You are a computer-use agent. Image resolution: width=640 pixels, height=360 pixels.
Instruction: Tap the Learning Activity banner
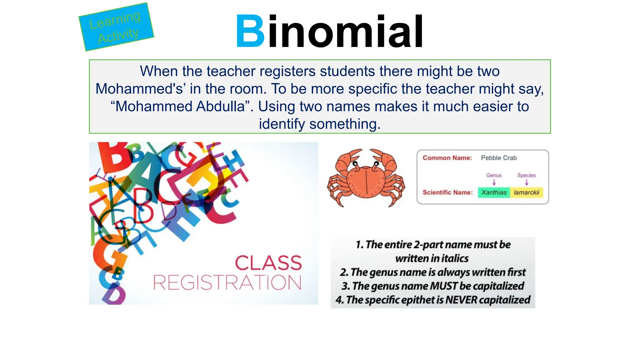[116, 27]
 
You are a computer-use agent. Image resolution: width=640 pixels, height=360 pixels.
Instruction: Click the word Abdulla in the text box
[220, 107]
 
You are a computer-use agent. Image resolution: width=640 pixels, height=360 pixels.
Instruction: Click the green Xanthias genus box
[494, 192]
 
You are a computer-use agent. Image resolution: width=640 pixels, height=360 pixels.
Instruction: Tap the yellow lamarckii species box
[527, 192]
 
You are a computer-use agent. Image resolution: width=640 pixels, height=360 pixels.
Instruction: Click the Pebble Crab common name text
[499, 158]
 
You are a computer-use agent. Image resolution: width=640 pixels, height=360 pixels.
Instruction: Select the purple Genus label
[494, 175]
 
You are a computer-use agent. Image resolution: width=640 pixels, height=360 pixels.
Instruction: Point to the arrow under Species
[527, 182]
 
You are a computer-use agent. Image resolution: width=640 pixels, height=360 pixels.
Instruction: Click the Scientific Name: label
[447, 192]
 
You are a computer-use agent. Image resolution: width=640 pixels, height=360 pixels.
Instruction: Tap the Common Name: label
[447, 158]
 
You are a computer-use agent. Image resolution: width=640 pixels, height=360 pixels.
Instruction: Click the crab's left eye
[355, 163]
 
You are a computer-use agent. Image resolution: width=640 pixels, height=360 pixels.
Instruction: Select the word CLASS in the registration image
[268, 263]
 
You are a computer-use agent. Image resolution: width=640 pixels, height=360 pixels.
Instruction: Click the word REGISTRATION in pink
[227, 282]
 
